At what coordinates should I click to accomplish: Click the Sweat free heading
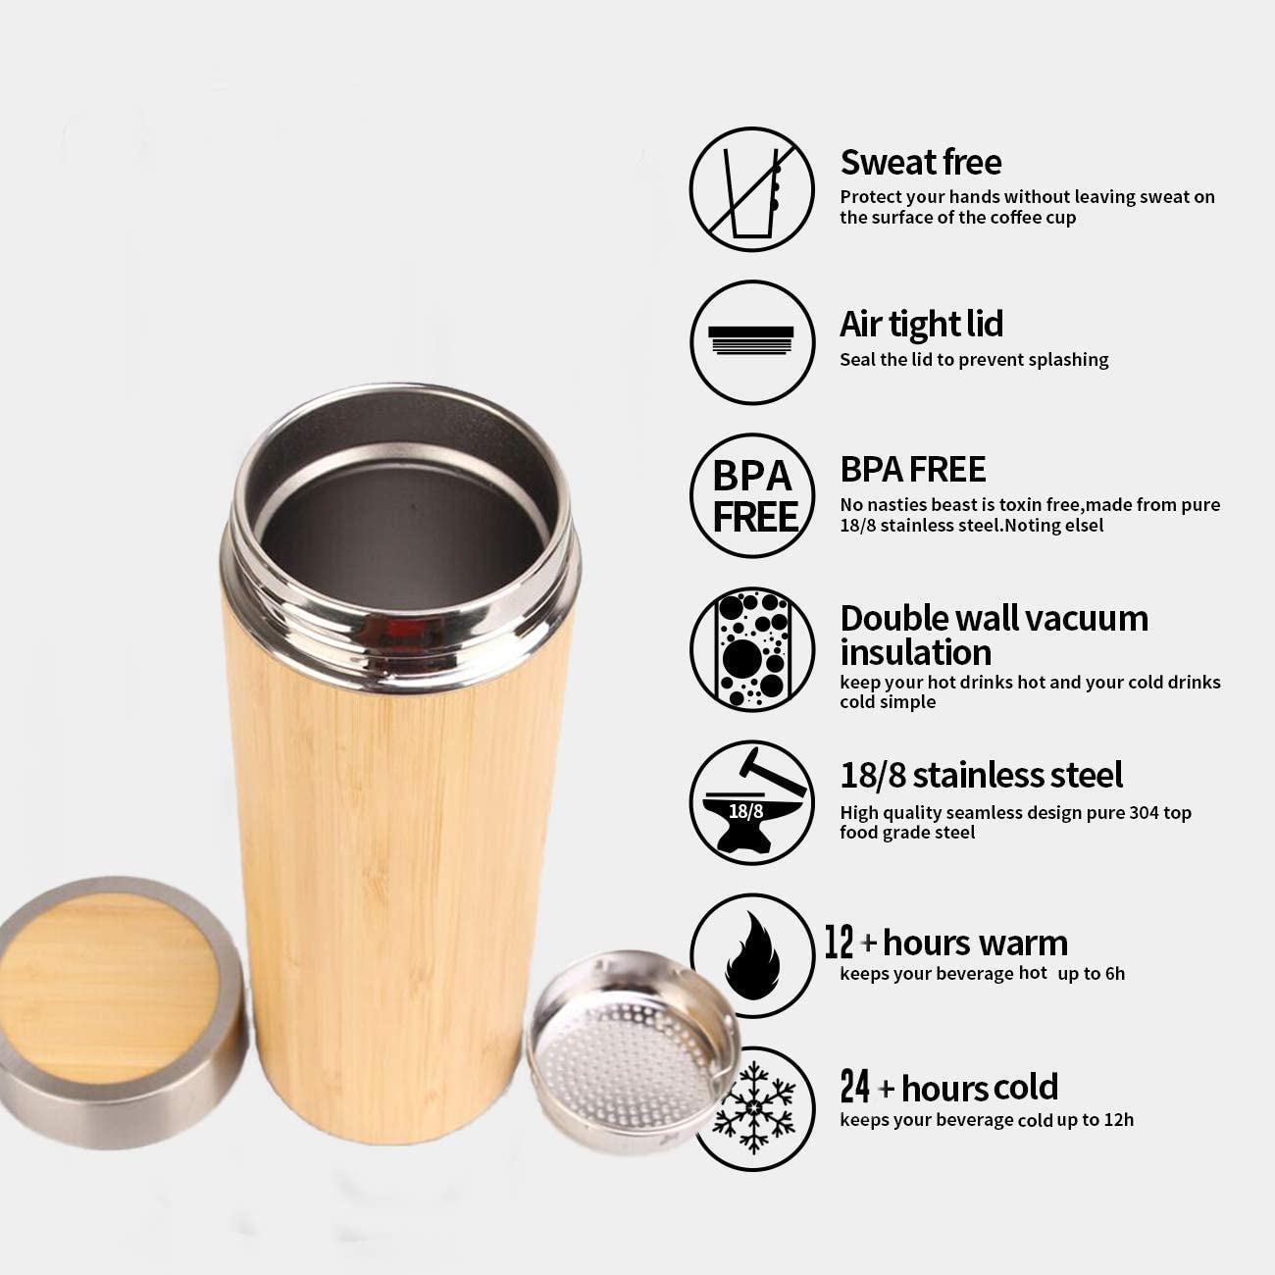920,162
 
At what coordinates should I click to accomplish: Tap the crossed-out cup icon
751,189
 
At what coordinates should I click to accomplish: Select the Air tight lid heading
920,324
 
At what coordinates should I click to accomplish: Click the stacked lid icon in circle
751,341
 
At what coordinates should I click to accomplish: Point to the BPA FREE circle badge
751,496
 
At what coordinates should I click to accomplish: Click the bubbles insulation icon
751,649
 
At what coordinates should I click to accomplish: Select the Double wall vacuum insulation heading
993,635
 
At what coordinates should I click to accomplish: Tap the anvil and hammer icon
751,802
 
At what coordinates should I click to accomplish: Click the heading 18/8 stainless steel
981,775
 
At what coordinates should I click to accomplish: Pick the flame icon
752,955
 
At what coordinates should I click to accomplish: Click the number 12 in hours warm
840,943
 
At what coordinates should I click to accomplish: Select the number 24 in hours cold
854,1088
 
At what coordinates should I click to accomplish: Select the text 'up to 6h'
1091,974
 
